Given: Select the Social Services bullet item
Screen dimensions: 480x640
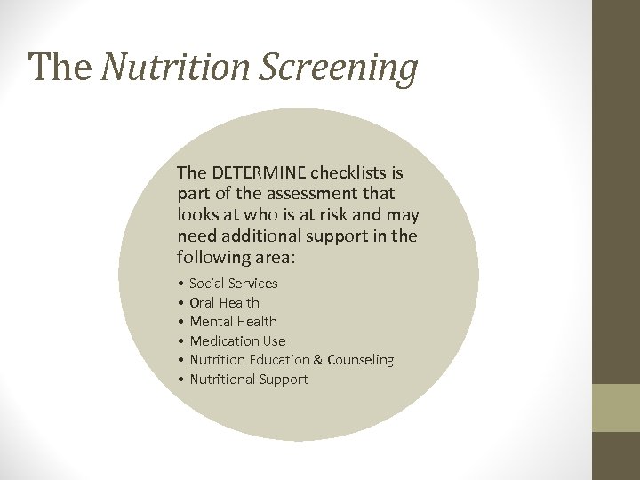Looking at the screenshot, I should (x=233, y=284).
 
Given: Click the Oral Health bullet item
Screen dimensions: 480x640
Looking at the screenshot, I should (x=224, y=302).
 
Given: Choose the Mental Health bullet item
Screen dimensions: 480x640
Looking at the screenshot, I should (x=233, y=322).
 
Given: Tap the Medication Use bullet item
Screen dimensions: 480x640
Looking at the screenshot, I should (x=237, y=340).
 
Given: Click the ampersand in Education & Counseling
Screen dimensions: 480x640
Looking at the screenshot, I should (x=317, y=360).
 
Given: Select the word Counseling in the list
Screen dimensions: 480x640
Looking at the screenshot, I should (x=360, y=360).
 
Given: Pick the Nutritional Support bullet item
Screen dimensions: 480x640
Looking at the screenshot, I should (x=248, y=380).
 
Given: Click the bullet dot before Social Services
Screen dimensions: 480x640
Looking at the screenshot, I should (x=180, y=284).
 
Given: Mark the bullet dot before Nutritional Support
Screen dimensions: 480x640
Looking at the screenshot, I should (x=180, y=380).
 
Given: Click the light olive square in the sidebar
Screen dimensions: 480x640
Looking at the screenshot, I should (x=616, y=408).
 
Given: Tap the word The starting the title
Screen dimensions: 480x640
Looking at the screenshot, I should (x=60, y=67).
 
